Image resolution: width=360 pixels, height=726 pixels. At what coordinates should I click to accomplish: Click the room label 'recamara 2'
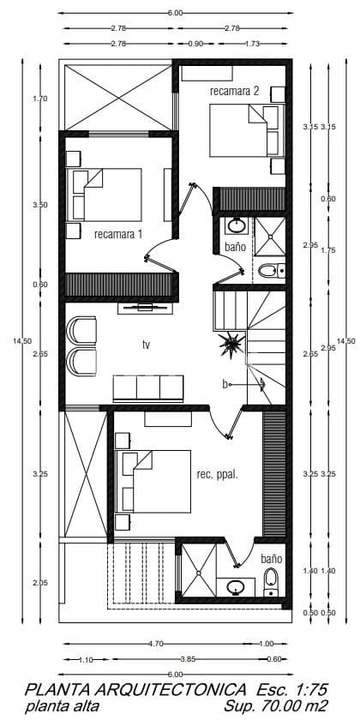(234, 90)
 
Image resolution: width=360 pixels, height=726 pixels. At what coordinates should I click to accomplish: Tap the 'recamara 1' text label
(118, 233)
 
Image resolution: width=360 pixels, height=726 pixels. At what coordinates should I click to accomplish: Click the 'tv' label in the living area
(147, 345)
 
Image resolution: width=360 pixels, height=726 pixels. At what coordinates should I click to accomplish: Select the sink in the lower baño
(236, 587)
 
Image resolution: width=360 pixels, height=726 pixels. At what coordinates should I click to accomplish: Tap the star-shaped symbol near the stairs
(231, 346)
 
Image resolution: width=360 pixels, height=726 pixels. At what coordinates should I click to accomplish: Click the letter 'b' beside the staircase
(225, 385)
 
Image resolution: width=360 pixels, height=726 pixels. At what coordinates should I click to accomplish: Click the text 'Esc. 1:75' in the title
(293, 689)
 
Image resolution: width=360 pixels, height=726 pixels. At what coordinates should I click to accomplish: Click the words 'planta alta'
(62, 706)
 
